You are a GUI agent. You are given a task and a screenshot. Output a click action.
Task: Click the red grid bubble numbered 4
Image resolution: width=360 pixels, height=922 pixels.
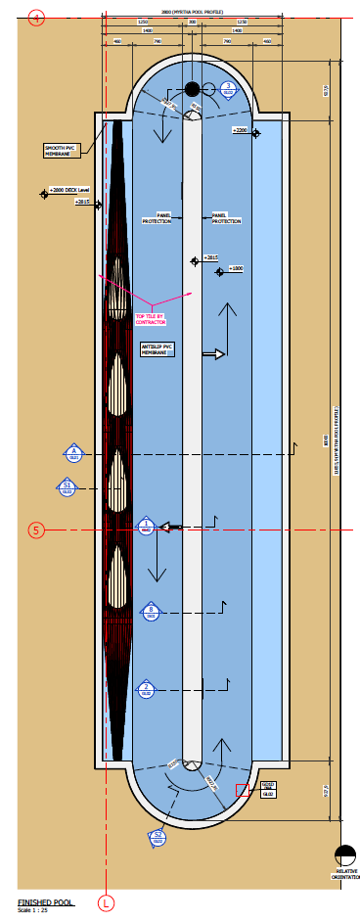coord(37,18)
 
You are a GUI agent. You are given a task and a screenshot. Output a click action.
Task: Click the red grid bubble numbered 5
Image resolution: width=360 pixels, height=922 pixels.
coord(37,530)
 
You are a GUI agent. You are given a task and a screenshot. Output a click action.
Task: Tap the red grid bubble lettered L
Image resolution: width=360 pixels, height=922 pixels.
coord(106,901)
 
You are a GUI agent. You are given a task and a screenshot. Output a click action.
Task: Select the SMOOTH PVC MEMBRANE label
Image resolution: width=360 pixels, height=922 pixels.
coord(60,150)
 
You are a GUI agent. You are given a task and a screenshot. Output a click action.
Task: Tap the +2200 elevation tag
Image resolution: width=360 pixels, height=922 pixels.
coord(240,129)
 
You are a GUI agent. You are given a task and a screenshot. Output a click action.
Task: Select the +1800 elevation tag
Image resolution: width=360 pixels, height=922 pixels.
coord(236,267)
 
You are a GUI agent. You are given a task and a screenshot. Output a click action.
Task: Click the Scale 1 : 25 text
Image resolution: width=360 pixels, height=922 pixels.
coord(31,910)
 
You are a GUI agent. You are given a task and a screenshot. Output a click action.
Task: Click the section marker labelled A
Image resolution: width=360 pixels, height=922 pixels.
coord(74,453)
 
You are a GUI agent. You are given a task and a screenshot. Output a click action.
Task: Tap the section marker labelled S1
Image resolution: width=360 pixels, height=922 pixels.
coord(67,486)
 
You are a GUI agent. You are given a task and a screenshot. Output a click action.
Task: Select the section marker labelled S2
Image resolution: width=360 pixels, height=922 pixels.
coord(157,836)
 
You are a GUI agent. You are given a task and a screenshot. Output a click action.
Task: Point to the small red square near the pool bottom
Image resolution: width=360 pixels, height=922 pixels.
coord(241,791)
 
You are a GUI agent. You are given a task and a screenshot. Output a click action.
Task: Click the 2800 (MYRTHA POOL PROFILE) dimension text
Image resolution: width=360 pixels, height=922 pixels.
coord(192,12)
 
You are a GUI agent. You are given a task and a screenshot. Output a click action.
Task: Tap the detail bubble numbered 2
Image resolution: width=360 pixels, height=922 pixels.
coord(146,688)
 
